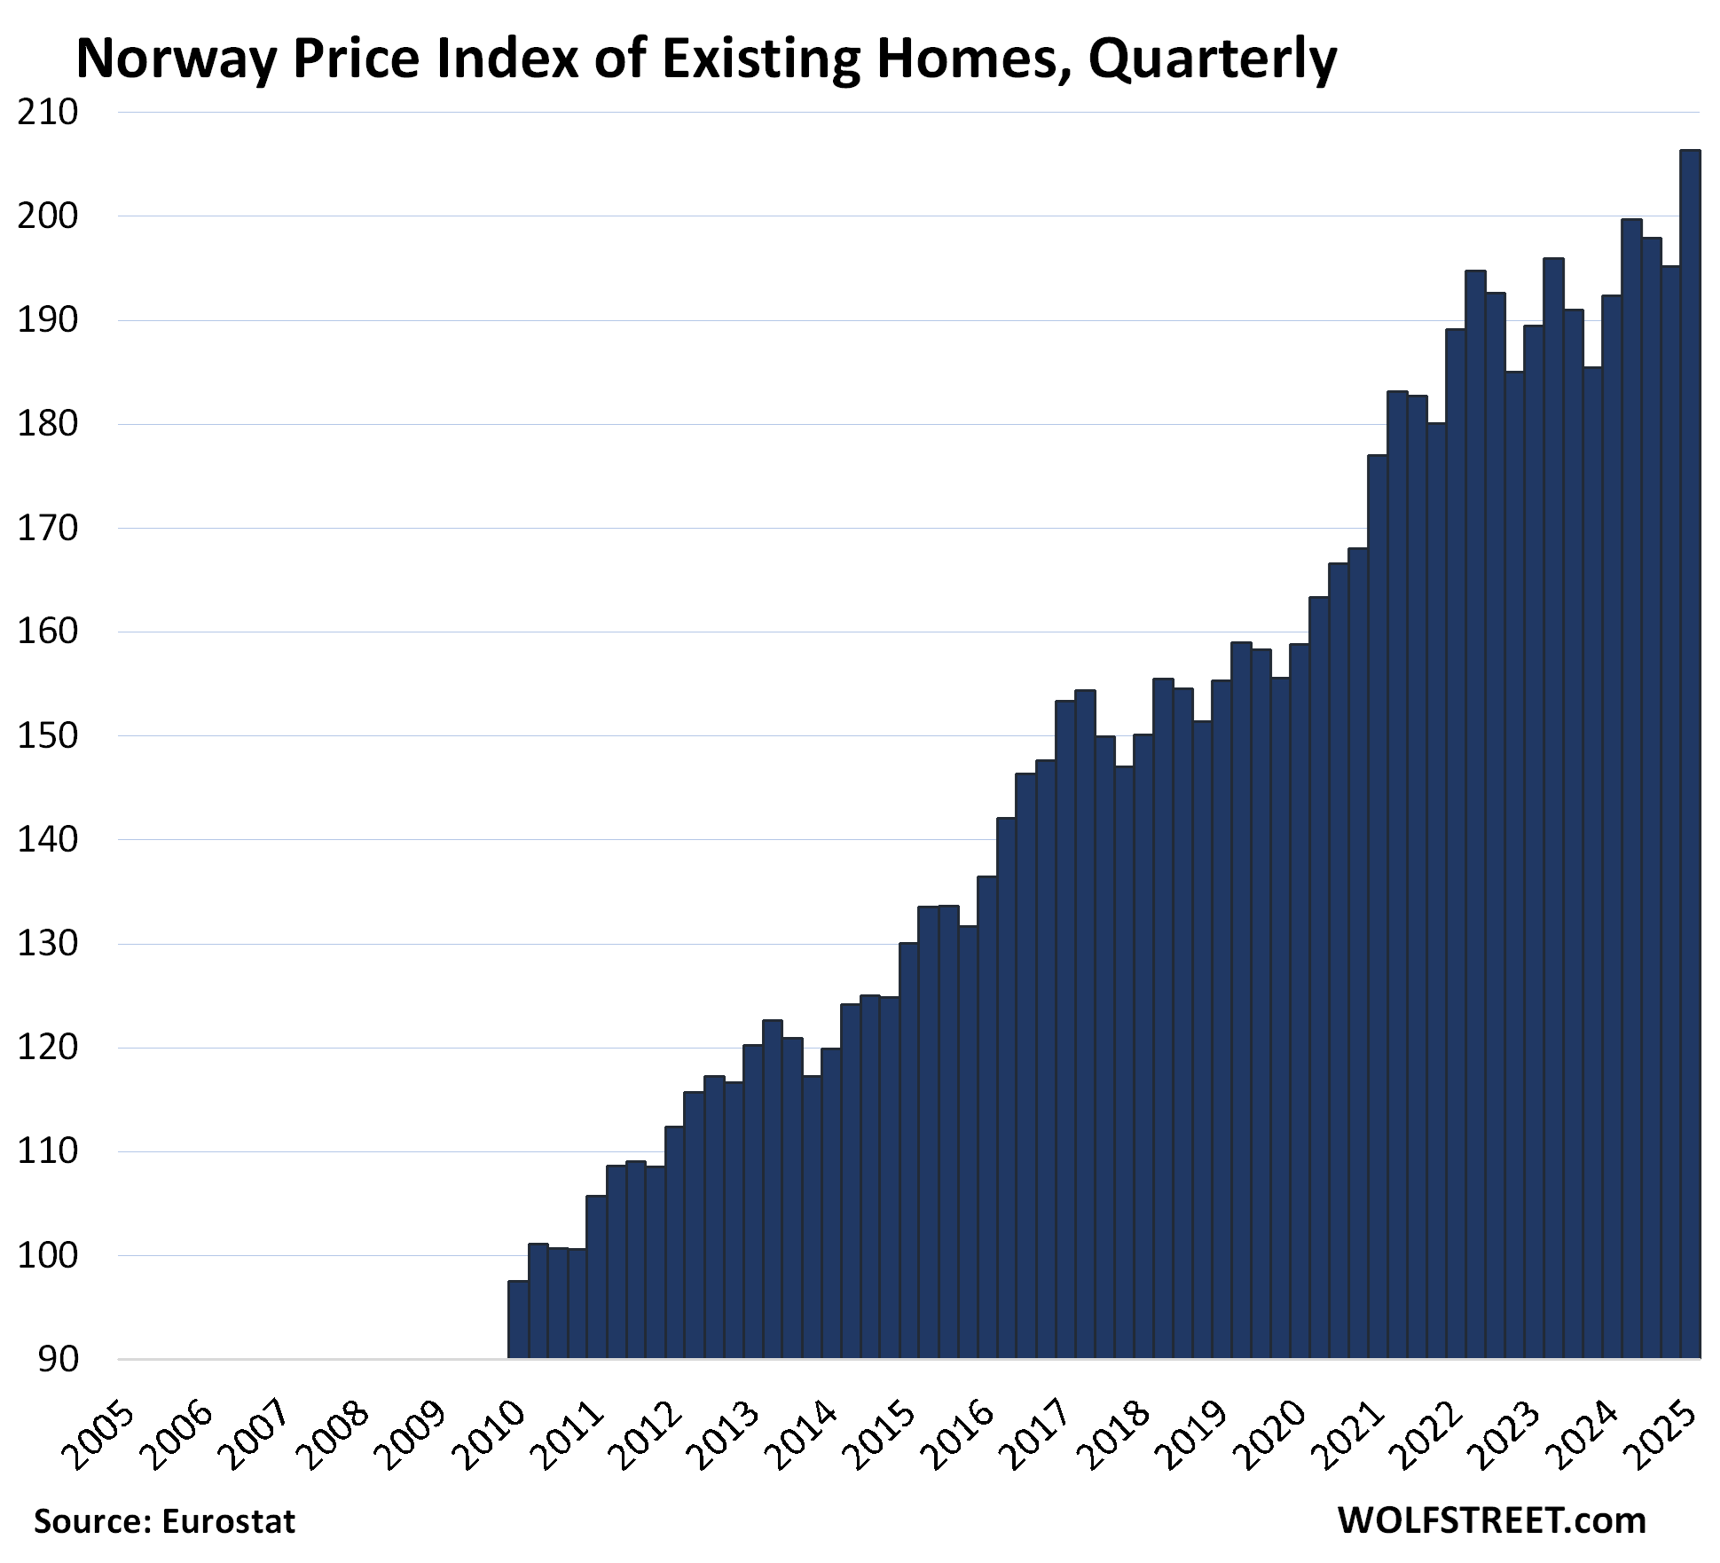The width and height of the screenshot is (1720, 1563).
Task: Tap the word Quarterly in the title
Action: point(1212,60)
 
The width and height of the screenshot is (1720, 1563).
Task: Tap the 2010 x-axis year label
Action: point(492,1434)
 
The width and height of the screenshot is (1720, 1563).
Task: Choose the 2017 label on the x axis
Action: point(1037,1434)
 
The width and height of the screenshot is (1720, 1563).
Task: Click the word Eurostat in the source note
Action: point(228,1521)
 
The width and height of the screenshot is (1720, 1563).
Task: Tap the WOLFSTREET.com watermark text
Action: point(1491,1520)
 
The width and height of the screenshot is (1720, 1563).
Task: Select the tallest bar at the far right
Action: point(1690,754)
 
